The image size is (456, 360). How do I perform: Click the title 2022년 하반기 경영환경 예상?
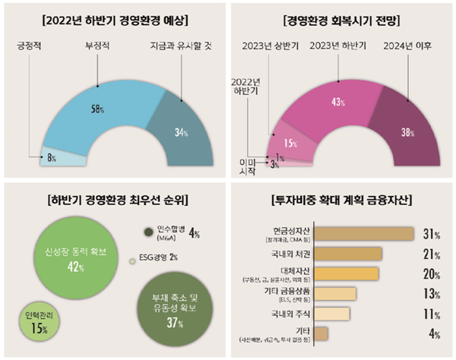click(113, 17)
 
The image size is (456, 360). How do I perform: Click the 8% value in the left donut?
click(52, 159)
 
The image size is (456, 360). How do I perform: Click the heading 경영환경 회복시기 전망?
click(341, 17)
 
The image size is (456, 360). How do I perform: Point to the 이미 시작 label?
click(248, 167)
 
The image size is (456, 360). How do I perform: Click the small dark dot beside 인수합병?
click(150, 232)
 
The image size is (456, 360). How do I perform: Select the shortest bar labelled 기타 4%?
click(321, 333)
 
